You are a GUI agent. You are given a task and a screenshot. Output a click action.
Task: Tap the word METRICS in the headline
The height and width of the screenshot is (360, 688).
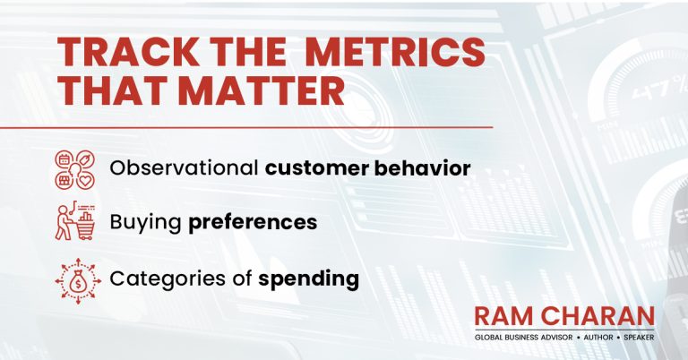396,52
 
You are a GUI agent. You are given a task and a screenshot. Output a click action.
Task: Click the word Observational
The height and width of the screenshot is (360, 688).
184,168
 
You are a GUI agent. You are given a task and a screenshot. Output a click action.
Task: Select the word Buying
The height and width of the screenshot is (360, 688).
145,222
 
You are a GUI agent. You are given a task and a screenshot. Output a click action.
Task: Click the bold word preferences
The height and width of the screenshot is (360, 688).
253,223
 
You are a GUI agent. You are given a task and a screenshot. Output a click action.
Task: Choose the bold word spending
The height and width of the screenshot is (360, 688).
308,279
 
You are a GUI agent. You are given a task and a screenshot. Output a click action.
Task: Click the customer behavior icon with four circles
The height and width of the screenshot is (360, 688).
75,169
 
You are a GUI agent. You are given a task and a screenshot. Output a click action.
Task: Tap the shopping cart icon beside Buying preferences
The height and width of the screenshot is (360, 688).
75,220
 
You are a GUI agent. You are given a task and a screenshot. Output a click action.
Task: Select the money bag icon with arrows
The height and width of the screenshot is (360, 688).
78,281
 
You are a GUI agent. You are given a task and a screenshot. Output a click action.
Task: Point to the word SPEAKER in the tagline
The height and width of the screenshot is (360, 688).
639,338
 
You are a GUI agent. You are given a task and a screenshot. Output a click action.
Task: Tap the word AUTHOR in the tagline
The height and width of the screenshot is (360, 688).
598,338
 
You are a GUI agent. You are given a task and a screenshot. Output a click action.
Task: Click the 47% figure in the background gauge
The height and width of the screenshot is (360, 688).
659,89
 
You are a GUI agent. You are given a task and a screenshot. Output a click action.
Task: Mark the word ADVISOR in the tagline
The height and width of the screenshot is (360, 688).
557,338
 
